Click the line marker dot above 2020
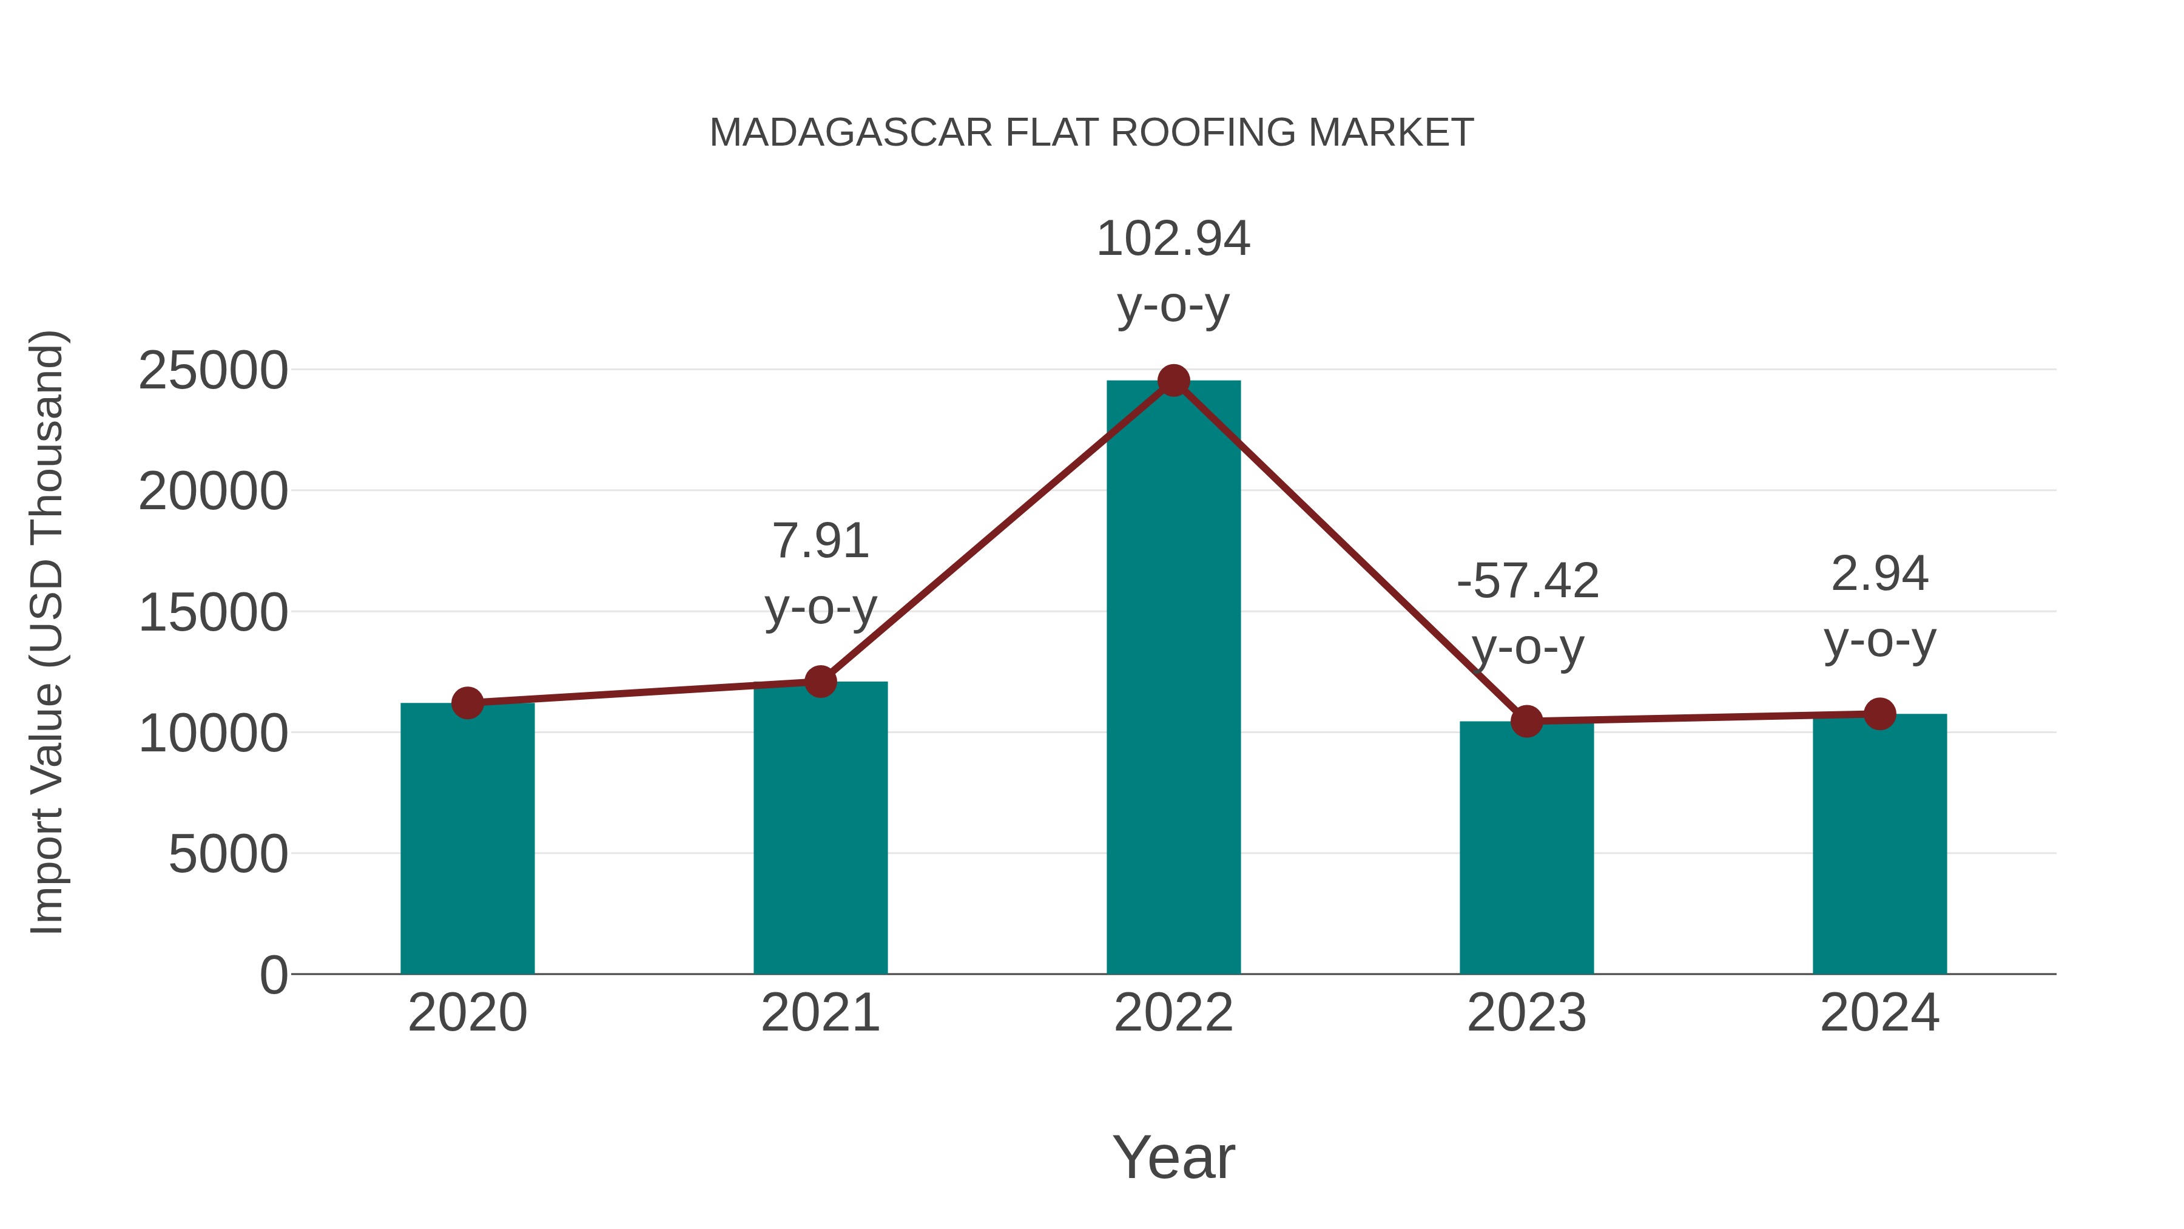point(467,703)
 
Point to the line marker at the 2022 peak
point(1173,381)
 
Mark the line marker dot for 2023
point(1526,721)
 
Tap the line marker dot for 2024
point(1879,714)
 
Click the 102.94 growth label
point(1173,239)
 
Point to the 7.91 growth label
point(820,541)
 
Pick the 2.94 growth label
point(1879,574)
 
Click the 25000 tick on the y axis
point(213,371)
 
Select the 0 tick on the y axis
point(274,975)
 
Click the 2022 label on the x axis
point(1173,1013)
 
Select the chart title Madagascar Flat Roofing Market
point(1091,133)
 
